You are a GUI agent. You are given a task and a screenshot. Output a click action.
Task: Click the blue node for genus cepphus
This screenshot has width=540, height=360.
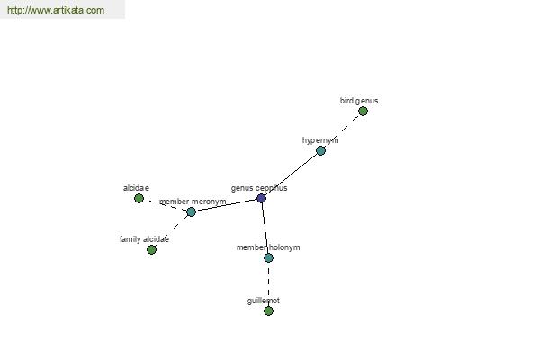click(x=261, y=198)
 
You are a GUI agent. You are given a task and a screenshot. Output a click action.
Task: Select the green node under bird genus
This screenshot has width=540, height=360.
click(x=363, y=112)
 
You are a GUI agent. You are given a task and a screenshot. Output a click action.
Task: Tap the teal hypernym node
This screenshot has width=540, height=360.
click(x=320, y=151)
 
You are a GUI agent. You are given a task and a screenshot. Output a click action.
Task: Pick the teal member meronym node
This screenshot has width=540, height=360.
click(x=191, y=211)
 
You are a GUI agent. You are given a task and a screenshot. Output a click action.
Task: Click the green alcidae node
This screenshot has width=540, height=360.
click(x=139, y=198)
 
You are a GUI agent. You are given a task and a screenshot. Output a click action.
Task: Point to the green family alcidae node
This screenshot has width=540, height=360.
click(x=151, y=250)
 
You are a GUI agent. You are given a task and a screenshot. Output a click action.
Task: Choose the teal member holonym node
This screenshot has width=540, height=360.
click(x=268, y=257)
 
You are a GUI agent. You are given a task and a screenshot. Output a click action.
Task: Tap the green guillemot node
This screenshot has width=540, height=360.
click(x=268, y=311)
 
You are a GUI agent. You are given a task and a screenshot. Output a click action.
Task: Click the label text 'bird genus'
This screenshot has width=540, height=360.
click(x=359, y=101)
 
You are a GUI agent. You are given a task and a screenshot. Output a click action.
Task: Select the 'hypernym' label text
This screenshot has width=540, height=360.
click(x=320, y=140)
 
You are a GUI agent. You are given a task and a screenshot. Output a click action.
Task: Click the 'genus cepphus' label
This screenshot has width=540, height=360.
click(x=259, y=188)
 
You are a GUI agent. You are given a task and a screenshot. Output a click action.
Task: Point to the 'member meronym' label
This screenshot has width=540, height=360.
click(x=193, y=202)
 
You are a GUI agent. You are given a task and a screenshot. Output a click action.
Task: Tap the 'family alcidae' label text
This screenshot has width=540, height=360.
click(x=144, y=239)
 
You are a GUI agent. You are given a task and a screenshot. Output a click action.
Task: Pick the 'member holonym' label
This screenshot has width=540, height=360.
click(x=268, y=247)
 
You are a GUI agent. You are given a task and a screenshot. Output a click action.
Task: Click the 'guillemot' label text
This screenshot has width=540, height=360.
click(x=264, y=301)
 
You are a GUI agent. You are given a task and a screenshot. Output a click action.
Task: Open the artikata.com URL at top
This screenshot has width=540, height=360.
click(x=56, y=10)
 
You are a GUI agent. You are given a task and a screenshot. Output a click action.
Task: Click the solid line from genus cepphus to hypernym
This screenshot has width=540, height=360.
click(x=291, y=175)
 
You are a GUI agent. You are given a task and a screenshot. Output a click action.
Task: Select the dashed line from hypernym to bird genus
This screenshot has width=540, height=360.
click(x=342, y=131)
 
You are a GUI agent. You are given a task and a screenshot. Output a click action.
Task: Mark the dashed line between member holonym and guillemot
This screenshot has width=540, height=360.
click(x=268, y=284)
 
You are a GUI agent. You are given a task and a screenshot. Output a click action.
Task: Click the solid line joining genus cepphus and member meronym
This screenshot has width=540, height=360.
click(x=226, y=205)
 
